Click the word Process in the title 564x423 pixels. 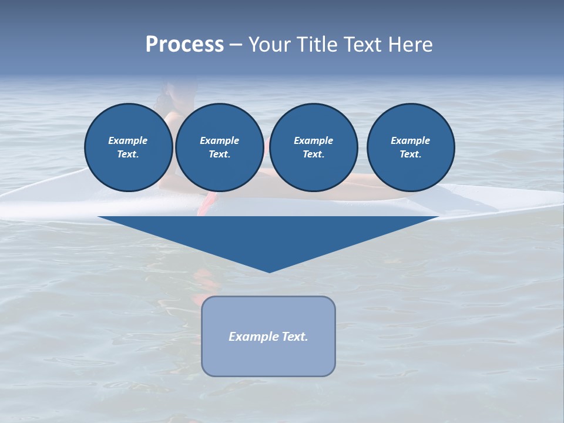tap(184, 45)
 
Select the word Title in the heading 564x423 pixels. tap(318, 45)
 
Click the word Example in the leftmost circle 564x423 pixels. tap(128, 140)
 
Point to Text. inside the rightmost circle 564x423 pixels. tap(411, 154)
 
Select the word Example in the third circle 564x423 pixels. tap(313, 140)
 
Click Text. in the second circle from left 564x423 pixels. tap(219, 154)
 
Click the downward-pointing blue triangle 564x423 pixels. tap(268, 235)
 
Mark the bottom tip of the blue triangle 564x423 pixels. tap(269, 271)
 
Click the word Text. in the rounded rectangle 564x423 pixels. tap(295, 337)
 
